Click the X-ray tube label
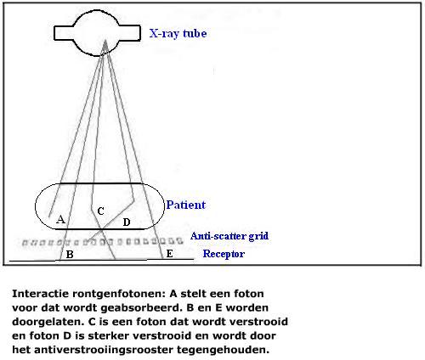click(x=178, y=33)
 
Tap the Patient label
click(x=186, y=205)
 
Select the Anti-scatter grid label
click(x=229, y=236)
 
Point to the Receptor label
click(x=224, y=254)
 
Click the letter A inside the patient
click(x=60, y=219)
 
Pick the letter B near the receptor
click(x=70, y=255)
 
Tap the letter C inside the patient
click(x=100, y=211)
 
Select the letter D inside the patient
click(x=127, y=222)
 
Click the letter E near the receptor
click(x=169, y=254)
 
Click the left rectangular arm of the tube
click(x=64, y=33)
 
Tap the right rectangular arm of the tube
click(x=130, y=33)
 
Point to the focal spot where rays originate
click(x=105, y=42)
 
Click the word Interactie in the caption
click(x=40, y=294)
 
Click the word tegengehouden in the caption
click(x=224, y=350)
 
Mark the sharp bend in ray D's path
click(x=133, y=200)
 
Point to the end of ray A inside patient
click(x=49, y=217)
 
